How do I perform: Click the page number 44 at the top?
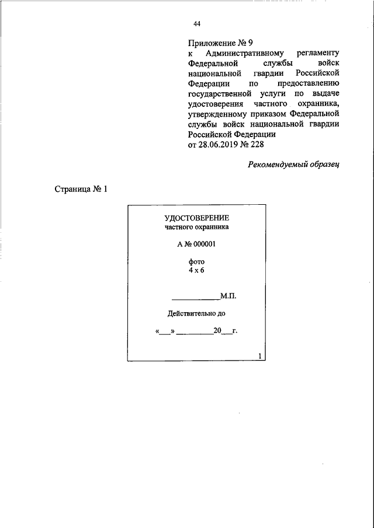point(197,24)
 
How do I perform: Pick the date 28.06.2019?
point(218,144)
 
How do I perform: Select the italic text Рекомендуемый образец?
point(293,165)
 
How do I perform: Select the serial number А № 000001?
point(197,245)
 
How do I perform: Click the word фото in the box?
point(196,263)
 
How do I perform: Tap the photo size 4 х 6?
point(196,271)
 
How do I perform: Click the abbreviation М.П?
point(228,296)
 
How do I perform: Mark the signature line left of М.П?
point(195,298)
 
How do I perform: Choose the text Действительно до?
point(196,314)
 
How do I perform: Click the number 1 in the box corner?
point(259,356)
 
